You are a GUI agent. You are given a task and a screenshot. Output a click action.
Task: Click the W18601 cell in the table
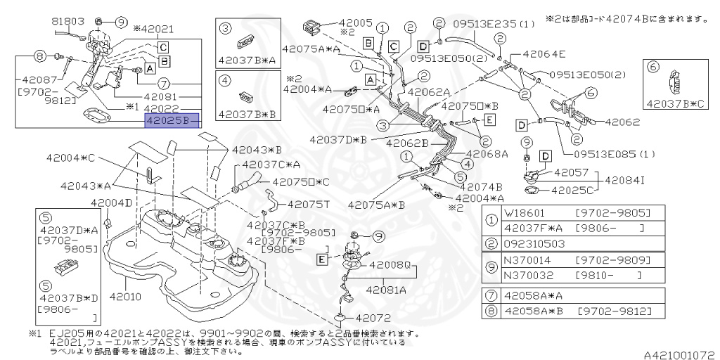coord(525,212)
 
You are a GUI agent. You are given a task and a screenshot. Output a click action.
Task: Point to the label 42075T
coord(309,205)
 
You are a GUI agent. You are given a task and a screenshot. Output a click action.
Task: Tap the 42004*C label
coord(71,157)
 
